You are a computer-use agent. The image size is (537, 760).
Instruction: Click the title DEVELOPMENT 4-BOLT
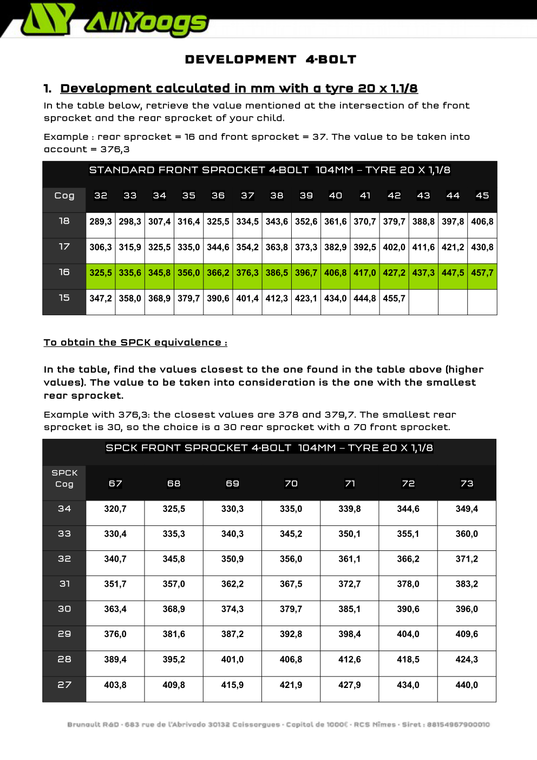(x=270, y=60)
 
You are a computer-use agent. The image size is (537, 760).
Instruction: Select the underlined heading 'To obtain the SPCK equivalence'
(x=135, y=342)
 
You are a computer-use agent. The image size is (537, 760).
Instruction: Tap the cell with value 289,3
(x=101, y=222)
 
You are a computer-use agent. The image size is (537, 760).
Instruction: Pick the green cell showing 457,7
(x=482, y=272)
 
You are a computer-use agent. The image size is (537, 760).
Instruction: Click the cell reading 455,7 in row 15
(x=394, y=298)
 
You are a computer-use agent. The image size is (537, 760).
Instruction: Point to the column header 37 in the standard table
(x=247, y=196)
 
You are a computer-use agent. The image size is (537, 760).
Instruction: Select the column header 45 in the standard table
(x=482, y=196)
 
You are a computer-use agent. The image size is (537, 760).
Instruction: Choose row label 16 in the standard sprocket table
(x=64, y=272)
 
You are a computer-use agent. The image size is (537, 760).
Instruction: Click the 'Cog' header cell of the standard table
(x=64, y=196)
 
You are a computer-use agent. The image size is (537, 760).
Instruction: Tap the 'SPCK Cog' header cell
(x=64, y=478)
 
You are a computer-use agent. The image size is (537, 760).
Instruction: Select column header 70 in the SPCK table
(x=291, y=483)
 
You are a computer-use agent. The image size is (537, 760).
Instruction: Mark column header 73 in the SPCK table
(x=467, y=483)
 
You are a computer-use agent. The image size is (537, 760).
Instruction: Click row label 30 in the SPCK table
(x=64, y=609)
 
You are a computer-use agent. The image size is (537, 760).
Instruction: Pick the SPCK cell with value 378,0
(x=408, y=584)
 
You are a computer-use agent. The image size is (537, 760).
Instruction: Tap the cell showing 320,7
(x=115, y=509)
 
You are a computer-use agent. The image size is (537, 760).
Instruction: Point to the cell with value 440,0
(x=467, y=685)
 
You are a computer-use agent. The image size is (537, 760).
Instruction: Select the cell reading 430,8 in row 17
(x=482, y=247)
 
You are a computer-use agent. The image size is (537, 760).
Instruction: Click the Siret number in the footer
(x=458, y=724)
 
